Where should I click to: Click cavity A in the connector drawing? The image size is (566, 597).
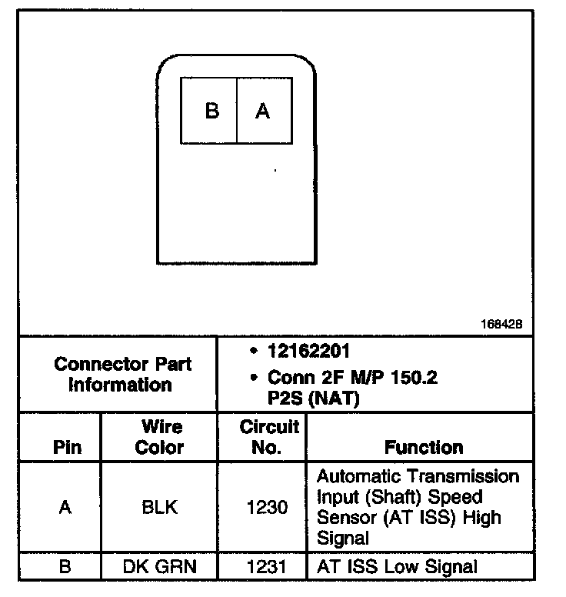click(x=263, y=112)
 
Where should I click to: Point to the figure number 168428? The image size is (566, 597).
click(x=501, y=325)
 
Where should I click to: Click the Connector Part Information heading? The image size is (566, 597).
click(x=122, y=374)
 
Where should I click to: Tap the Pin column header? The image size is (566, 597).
click(x=65, y=448)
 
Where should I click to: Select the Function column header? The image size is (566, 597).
click(x=424, y=448)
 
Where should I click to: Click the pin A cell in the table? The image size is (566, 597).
click(x=65, y=507)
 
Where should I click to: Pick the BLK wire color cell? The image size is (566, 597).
click(x=160, y=507)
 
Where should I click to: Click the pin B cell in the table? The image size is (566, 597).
click(x=65, y=567)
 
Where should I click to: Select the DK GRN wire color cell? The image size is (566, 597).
click(x=160, y=567)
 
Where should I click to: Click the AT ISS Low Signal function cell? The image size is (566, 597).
click(x=397, y=567)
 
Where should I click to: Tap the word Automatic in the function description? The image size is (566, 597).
click(x=358, y=476)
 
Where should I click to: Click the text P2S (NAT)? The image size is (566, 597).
click(x=310, y=399)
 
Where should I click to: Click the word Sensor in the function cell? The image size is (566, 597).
click(x=343, y=517)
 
